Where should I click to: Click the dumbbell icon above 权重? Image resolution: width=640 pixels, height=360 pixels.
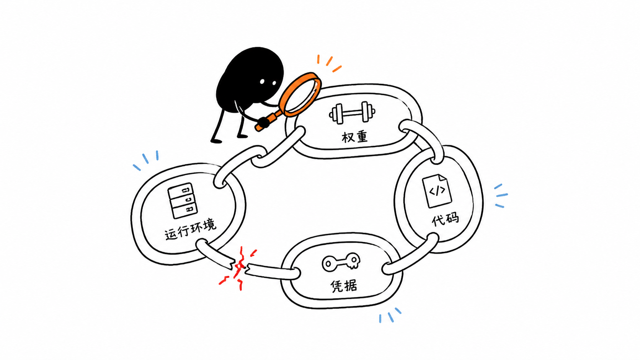click(352, 113)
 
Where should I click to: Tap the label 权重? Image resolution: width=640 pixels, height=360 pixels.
click(354, 137)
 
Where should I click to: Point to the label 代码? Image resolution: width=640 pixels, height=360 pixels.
click(445, 219)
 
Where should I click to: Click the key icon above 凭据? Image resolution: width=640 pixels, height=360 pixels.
click(341, 262)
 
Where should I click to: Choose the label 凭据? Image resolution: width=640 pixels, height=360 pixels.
click(344, 286)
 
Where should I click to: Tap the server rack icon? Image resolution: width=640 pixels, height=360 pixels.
click(183, 201)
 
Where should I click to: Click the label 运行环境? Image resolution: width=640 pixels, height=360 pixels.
click(190, 230)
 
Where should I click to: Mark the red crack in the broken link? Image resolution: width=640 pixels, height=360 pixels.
click(238, 268)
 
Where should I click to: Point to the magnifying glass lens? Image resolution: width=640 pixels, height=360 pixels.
click(300, 94)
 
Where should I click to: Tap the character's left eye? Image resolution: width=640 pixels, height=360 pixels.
click(262, 81)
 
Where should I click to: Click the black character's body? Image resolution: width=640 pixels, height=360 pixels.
click(249, 80)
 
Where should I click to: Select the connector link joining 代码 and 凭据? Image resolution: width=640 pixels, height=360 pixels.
click(410, 254)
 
